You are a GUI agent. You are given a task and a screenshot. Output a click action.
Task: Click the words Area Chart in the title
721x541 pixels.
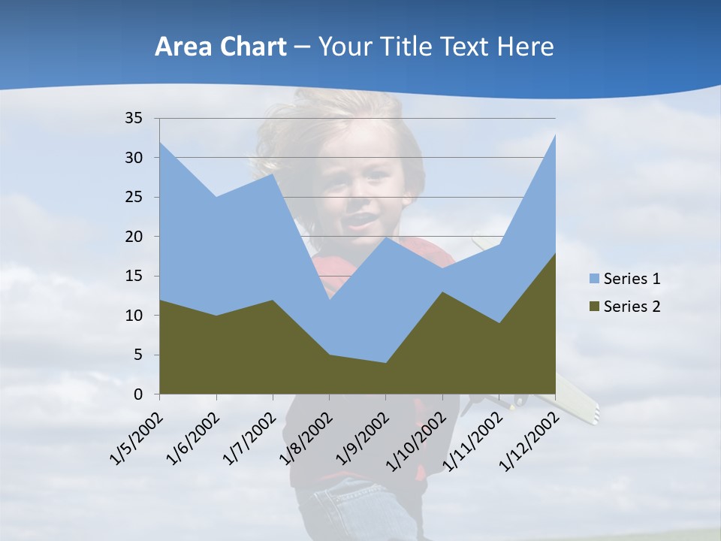click(220, 47)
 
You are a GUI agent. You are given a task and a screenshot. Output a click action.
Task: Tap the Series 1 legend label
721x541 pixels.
click(632, 279)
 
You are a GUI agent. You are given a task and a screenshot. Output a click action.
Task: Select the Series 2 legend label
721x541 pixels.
click(632, 306)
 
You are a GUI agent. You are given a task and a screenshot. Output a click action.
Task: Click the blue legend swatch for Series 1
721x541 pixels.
click(594, 279)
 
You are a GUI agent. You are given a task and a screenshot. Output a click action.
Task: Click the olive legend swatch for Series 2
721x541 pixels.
click(594, 306)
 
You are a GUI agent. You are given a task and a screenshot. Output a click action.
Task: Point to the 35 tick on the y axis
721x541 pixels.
click(134, 118)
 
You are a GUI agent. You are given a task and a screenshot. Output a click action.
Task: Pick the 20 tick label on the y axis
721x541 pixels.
click(134, 237)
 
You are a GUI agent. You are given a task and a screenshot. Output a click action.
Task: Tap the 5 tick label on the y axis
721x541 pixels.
click(137, 355)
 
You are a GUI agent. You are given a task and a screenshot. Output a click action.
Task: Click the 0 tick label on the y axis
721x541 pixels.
click(137, 394)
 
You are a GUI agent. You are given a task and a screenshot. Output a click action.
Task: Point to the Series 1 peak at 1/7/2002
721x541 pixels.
click(273, 174)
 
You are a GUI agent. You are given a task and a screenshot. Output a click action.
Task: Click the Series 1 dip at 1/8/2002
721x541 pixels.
click(329, 300)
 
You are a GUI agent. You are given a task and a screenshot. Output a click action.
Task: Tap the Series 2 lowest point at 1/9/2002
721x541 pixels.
click(386, 363)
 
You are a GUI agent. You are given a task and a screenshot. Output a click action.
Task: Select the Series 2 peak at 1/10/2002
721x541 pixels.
click(442, 292)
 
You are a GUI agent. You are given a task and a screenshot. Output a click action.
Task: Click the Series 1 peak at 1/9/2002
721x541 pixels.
click(386, 237)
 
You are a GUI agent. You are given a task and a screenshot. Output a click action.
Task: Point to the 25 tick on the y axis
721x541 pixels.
click(134, 197)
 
